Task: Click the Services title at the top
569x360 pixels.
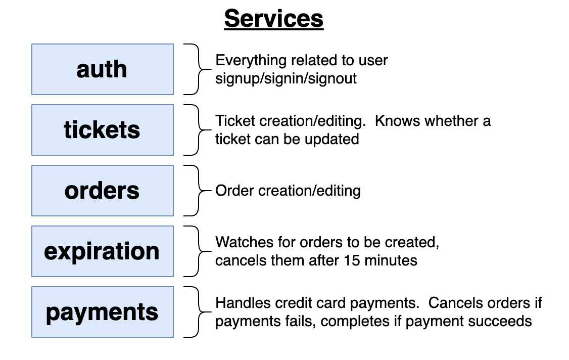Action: [273, 19]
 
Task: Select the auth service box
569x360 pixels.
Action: [103, 69]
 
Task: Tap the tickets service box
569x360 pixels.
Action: [103, 130]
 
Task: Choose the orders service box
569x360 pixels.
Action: [103, 191]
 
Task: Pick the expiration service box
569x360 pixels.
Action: [103, 251]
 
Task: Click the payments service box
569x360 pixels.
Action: [103, 312]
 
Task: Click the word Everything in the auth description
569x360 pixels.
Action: [251, 61]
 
